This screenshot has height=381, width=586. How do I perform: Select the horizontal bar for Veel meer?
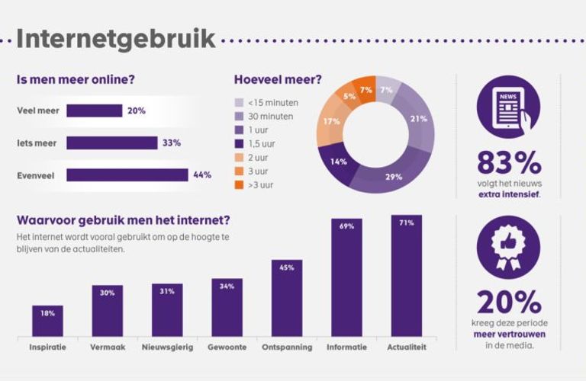coord(94,110)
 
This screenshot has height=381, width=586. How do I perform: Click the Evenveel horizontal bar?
coord(127,175)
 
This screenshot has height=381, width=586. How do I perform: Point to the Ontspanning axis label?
coord(286,347)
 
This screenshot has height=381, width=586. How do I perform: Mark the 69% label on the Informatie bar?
coord(346,226)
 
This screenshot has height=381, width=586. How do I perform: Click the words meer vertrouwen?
coord(508,335)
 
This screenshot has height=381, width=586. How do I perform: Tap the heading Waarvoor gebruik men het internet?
coord(124,221)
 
